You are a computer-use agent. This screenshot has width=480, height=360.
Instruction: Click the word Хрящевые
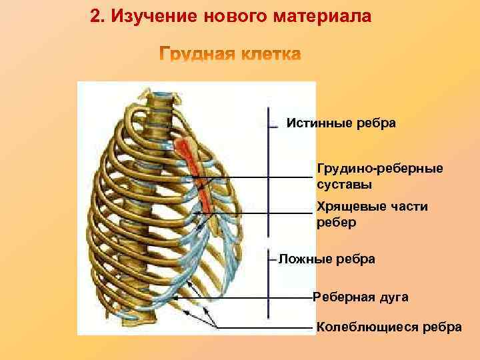pos(353,207)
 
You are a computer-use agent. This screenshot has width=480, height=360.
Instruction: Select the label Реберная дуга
pos(360,297)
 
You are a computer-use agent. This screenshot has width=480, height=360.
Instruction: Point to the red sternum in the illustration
pos(193,167)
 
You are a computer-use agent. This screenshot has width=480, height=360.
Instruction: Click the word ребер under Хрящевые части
pos(336,223)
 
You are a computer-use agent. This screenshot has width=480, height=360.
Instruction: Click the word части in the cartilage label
pos(412,207)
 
